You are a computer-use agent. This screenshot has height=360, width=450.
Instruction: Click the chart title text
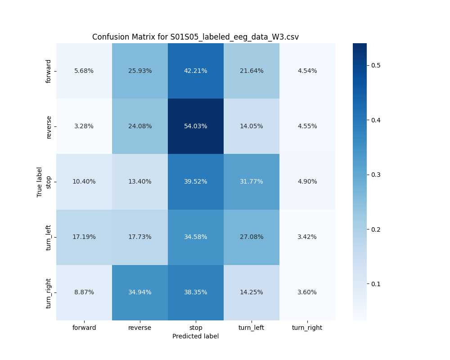point(195,37)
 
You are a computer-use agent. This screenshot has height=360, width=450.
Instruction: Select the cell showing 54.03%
point(196,126)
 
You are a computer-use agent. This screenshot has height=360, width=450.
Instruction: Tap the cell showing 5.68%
point(84,71)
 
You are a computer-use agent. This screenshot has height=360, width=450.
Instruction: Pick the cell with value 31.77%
point(252,182)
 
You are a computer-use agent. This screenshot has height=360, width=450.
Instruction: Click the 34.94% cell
point(140,292)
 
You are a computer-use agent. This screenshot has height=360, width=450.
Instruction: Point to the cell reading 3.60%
point(307,292)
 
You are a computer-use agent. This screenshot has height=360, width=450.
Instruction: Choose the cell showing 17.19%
point(84,237)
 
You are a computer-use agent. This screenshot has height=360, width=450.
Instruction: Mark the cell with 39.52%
point(196,182)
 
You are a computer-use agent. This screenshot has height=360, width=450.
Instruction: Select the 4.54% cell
point(307,71)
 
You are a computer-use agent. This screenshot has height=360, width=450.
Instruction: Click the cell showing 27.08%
point(252,237)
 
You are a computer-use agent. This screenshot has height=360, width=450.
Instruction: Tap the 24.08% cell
point(140,126)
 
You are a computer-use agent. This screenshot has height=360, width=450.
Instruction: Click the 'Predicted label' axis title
point(195,337)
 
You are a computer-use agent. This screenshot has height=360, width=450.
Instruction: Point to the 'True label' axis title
point(40,182)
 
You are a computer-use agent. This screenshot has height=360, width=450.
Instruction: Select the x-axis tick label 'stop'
point(196,328)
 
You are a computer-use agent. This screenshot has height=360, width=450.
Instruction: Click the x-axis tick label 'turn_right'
point(307,328)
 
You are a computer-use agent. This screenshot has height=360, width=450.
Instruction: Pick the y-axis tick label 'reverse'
point(49,126)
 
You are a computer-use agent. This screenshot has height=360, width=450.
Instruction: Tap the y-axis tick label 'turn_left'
point(49,237)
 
